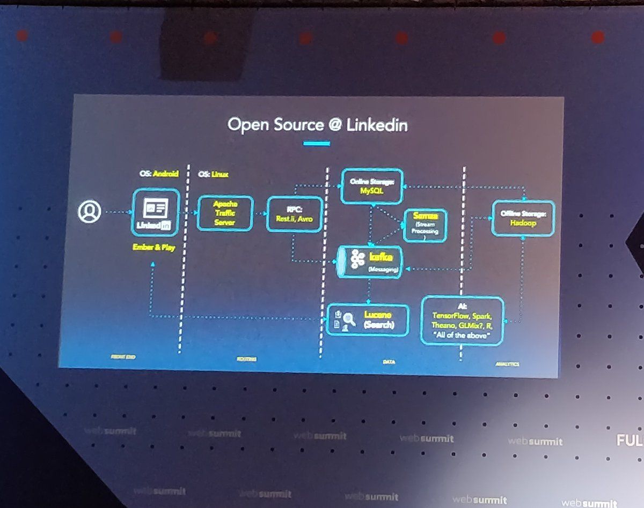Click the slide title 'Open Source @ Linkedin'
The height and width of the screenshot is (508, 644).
[317, 125]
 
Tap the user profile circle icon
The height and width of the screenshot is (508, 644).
[89, 212]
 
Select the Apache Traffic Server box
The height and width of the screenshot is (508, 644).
[225, 213]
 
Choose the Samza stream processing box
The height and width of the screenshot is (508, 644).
[425, 224]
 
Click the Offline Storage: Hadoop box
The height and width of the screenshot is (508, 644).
[522, 219]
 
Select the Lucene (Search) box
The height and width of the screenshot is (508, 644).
[368, 320]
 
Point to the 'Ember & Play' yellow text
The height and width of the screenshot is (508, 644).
[153, 248]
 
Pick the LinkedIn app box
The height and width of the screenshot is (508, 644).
[156, 213]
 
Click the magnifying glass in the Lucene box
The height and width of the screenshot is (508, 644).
[349, 319]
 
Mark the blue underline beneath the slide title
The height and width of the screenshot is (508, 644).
[316, 143]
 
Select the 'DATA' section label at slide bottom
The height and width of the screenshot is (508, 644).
[389, 362]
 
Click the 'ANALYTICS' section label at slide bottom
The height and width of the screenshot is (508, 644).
[507, 364]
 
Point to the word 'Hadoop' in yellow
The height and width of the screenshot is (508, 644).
[523, 223]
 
